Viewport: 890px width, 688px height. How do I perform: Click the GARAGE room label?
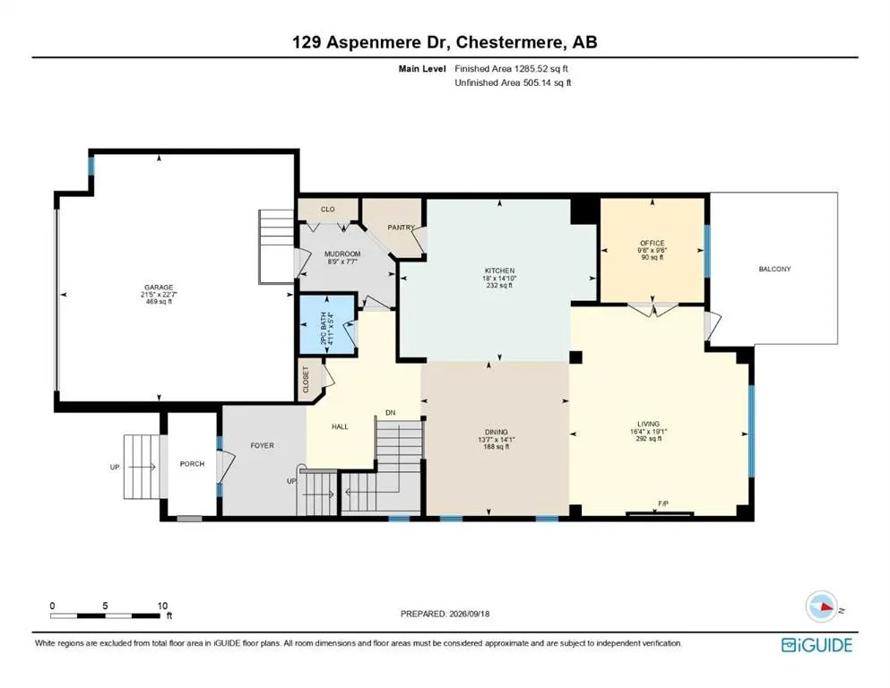[x=159, y=288]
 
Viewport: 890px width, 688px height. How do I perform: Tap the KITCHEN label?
[x=499, y=271]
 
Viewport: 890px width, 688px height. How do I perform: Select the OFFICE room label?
[x=652, y=244]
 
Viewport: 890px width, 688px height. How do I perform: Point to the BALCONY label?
[x=774, y=269]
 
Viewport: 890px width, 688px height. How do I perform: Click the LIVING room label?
[x=648, y=424]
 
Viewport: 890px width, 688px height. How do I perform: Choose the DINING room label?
[x=496, y=432]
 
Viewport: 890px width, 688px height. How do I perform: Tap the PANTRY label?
[x=402, y=228]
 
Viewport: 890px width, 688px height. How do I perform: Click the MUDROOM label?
[x=342, y=254]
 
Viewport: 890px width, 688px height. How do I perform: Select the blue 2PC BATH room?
[x=327, y=325]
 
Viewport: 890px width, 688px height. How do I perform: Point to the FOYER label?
[x=263, y=446]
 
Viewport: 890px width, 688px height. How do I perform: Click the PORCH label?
[x=192, y=464]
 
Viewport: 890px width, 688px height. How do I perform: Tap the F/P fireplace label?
[x=663, y=503]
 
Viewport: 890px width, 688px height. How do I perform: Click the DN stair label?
[x=391, y=413]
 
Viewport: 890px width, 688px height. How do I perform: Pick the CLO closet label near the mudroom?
[x=327, y=210]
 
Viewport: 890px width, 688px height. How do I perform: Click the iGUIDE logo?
[x=817, y=646]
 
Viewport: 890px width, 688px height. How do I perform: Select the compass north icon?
[x=821, y=606]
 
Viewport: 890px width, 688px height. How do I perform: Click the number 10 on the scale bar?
[x=162, y=606]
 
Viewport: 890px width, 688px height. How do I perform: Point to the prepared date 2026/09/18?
[x=469, y=614]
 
